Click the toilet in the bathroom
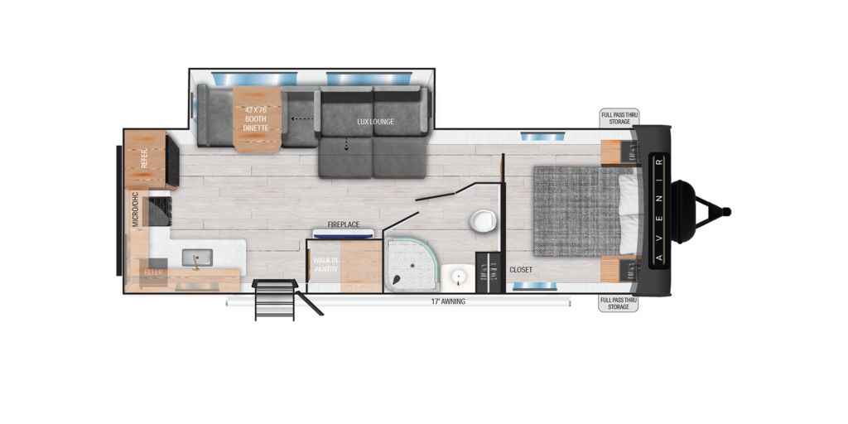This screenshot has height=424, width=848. (x=483, y=221)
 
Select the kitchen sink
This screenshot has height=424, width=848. (x=197, y=258)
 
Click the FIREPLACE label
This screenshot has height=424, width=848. (x=343, y=224)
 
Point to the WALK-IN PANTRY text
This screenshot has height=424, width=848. (x=326, y=264)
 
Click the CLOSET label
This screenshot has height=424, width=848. (x=521, y=269)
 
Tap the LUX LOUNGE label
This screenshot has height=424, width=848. (x=375, y=122)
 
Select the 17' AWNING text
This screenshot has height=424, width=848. (x=448, y=301)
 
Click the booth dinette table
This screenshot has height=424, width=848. (x=257, y=119)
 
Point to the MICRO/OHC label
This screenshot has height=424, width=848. (x=135, y=209)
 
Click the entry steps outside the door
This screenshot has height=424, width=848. (x=275, y=300)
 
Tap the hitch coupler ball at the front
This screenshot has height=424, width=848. (x=726, y=211)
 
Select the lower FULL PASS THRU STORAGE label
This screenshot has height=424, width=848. (x=618, y=303)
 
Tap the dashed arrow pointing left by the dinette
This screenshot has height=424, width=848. (x=302, y=118)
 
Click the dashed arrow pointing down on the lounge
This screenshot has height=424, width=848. (x=346, y=144)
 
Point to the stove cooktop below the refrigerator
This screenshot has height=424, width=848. (x=160, y=211)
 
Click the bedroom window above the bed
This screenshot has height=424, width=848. (x=543, y=136)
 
